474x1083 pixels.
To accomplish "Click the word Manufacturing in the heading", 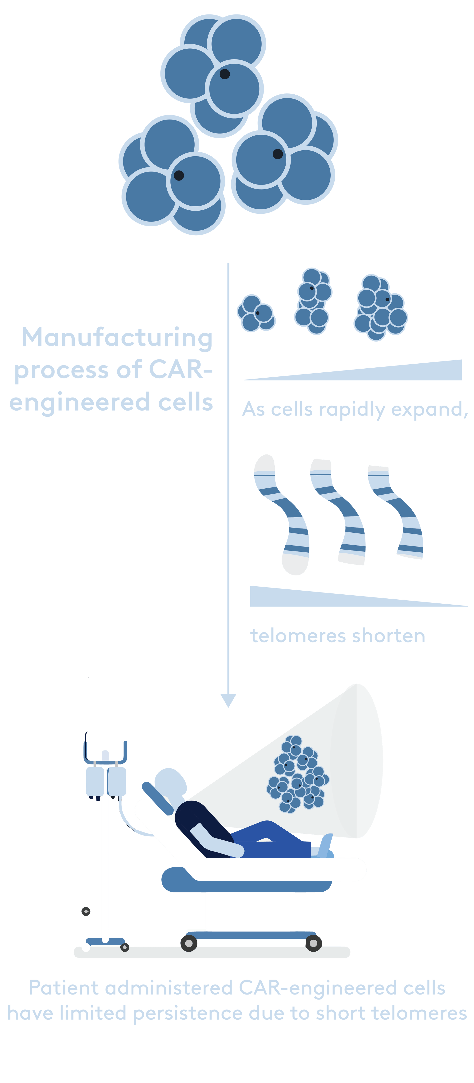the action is coord(117,337).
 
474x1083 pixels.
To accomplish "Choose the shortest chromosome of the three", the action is coord(396,512).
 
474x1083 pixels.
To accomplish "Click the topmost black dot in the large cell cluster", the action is coord(225,74).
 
